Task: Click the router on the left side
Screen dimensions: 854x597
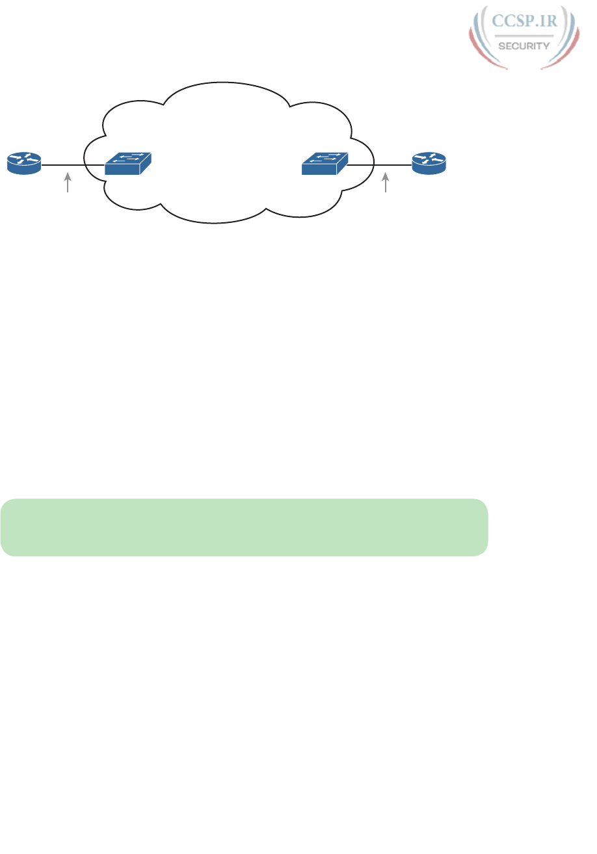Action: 24,162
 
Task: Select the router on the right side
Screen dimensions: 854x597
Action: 429,162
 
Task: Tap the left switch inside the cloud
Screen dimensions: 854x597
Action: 128,164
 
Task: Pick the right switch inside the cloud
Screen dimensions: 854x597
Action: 325,164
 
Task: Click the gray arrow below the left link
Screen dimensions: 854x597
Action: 67,182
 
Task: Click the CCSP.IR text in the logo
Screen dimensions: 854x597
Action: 524,21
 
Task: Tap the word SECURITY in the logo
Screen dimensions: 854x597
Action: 524,45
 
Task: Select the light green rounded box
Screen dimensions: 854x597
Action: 244,527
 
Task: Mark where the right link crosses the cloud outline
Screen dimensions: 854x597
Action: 374,166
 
